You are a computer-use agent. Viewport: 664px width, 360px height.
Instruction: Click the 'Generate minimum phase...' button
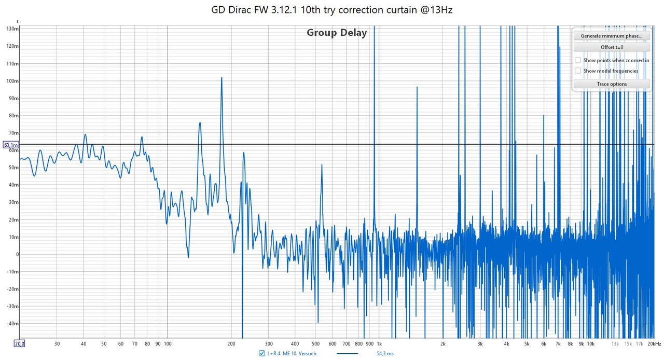coord(612,36)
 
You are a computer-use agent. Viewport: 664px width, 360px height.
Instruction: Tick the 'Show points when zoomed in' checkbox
coord(578,60)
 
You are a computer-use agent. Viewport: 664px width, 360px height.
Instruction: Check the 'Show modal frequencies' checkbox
coord(578,71)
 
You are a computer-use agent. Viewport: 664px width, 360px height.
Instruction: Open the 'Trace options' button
coord(612,84)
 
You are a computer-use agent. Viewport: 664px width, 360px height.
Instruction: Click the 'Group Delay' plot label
coord(337,33)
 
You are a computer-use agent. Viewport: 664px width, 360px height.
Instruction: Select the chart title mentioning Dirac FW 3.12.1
coord(332,10)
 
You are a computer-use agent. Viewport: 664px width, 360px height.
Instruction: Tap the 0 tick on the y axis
coord(17,254)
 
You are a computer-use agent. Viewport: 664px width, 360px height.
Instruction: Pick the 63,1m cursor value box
coord(11,145)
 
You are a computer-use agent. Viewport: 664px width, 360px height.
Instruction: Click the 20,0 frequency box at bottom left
coord(20,343)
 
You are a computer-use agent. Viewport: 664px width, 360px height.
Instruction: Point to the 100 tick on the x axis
coord(167,343)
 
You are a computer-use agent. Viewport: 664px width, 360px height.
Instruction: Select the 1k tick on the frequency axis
coord(379,343)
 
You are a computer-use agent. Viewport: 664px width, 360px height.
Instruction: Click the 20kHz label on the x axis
coord(655,343)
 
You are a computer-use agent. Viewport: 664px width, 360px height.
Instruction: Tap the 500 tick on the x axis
coord(315,343)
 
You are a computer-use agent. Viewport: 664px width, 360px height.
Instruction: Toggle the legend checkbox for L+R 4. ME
coord(262,353)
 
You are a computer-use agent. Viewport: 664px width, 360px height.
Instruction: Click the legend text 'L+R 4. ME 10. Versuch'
coord(292,353)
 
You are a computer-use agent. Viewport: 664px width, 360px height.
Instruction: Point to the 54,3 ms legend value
coord(385,353)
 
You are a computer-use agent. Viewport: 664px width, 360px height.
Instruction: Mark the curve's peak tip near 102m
coord(222,78)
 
